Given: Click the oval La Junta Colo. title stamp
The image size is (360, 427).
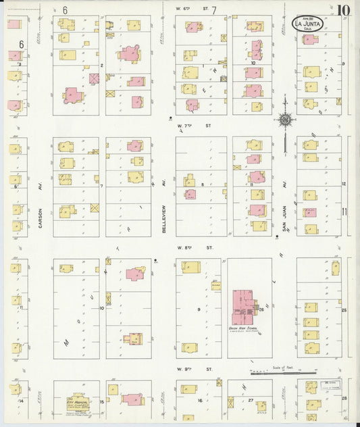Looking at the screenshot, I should click(307, 25).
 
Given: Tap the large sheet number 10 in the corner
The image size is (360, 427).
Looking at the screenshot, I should click(344, 10).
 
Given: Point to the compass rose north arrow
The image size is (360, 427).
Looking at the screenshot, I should click(285, 119).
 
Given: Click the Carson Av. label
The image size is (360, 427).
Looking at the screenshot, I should click(41, 218).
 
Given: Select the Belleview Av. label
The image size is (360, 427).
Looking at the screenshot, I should click(164, 218).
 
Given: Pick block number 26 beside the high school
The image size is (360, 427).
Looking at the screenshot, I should click(261, 310).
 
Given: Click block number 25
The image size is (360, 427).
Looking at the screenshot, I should click(344, 310).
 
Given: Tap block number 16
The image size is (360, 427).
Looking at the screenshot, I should click(199, 401).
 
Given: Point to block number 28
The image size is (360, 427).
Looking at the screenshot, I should click(344, 399).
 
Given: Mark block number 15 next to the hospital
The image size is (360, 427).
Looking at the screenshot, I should click(102, 402).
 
